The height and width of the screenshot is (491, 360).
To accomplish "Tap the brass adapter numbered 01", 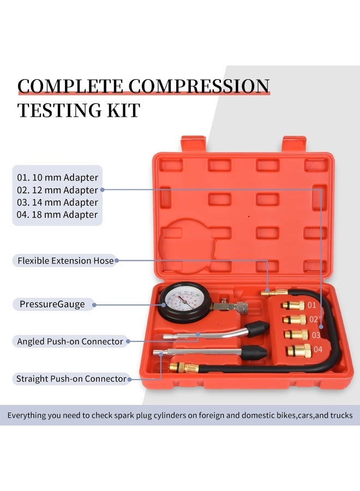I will [293, 304].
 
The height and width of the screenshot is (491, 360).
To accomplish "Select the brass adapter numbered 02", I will [295, 319].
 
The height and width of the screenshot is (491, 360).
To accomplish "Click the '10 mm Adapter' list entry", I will [57, 177].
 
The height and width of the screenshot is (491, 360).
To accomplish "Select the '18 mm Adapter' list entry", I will [57, 214].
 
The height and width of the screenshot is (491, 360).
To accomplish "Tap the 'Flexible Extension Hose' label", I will [65, 261].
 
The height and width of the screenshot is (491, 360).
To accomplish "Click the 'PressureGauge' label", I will [51, 304].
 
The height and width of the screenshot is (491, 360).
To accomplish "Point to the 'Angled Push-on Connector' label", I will [70, 342].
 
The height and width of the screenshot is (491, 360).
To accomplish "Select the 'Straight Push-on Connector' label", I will [71, 379].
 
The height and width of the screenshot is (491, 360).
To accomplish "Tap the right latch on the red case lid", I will [295, 143].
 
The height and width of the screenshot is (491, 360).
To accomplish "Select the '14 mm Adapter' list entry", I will [57, 202].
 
